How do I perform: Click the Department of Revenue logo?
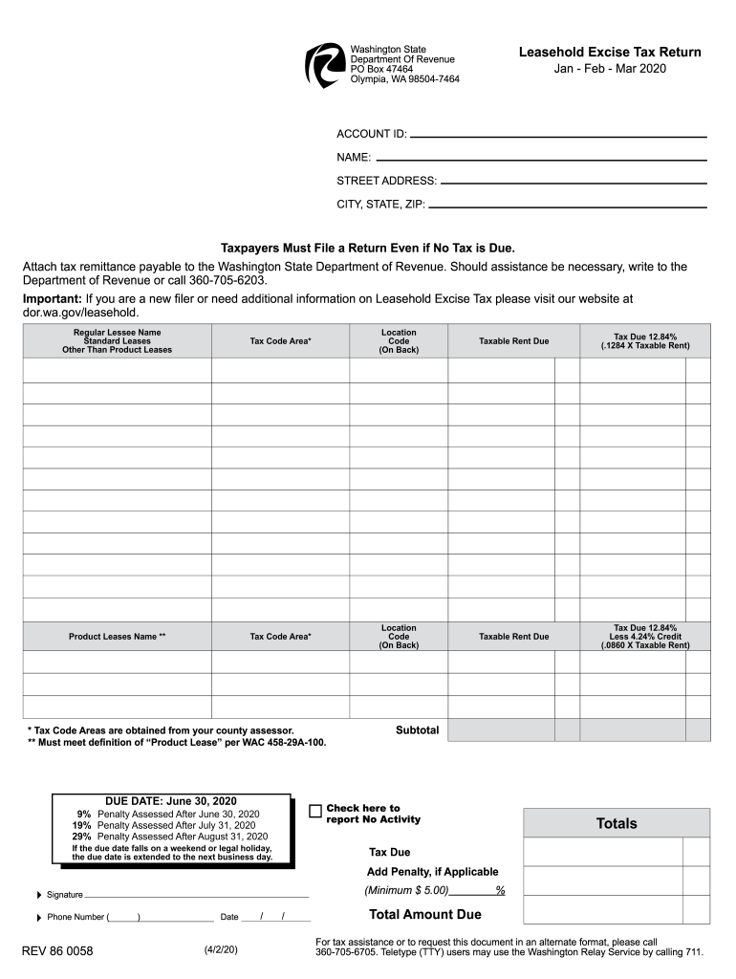tap(324, 66)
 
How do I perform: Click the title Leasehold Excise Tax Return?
tap(610, 53)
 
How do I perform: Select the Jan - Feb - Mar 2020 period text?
tap(610, 69)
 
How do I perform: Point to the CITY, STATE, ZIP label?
tap(380, 205)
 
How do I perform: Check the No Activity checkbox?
tap(315, 811)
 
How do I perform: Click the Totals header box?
tap(617, 823)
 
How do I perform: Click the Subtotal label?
tap(417, 730)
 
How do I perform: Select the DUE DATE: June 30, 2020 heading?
tap(170, 801)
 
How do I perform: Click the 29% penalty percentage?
tap(81, 837)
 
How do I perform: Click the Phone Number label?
tap(76, 918)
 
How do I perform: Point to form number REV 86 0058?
tap(57, 951)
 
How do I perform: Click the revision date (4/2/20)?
tap(220, 950)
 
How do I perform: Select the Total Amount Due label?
tap(424, 915)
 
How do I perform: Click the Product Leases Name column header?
tap(117, 637)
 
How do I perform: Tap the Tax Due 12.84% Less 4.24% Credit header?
tap(644, 637)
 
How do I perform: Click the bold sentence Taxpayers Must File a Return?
tap(368, 247)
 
